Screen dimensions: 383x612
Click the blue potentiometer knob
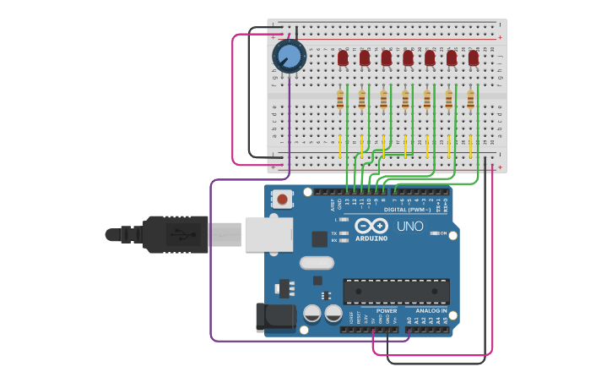tap(289, 57)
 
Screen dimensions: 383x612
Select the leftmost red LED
tap(343, 58)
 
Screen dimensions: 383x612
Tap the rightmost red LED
tap(474, 58)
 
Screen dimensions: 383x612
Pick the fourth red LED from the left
tap(408, 58)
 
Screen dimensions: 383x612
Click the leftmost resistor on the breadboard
tap(340, 101)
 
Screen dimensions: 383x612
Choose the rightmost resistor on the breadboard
tap(471, 101)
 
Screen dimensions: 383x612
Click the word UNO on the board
tap(410, 227)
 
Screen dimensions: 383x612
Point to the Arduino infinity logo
tap(371, 227)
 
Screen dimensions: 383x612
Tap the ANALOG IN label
tap(431, 310)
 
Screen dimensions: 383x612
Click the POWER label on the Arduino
tap(387, 310)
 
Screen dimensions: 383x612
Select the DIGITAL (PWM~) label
tap(406, 210)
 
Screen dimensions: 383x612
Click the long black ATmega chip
tap(396, 292)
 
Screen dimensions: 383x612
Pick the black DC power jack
tap(275, 317)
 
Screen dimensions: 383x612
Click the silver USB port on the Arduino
tap(268, 234)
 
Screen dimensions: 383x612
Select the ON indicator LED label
tap(443, 233)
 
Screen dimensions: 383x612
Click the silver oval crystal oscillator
tap(317, 262)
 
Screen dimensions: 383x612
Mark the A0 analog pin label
tap(409, 321)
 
